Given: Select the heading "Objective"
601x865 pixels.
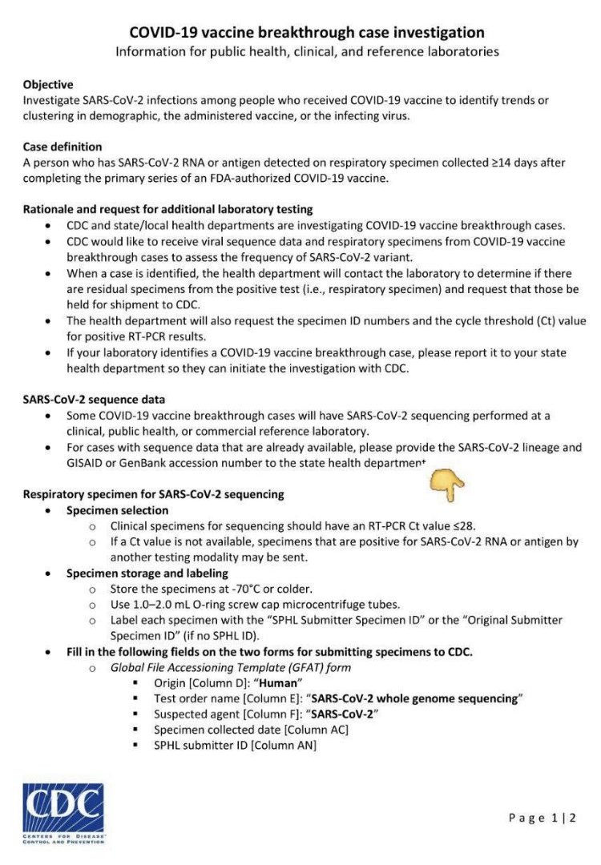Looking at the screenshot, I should [x=48, y=84].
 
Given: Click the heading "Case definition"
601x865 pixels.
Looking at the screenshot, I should [x=63, y=147].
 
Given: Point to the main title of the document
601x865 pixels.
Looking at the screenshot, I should [x=307, y=33].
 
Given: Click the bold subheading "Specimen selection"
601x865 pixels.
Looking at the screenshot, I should [x=117, y=510].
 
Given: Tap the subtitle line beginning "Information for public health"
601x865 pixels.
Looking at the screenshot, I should [x=307, y=52].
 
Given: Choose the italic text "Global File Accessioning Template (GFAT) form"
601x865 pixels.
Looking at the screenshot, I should [x=230, y=667].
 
